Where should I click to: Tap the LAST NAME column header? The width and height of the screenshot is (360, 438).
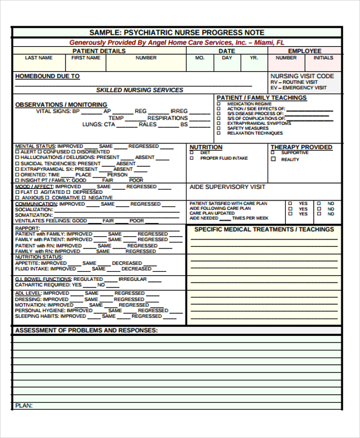point(38,58)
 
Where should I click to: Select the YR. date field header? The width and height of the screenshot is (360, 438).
point(254,58)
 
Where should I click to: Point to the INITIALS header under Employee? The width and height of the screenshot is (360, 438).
point(323,58)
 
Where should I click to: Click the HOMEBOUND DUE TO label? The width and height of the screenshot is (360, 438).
point(47,77)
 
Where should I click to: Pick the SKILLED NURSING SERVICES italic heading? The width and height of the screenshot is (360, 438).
point(140,90)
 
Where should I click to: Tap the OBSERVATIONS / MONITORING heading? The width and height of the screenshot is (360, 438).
point(61,104)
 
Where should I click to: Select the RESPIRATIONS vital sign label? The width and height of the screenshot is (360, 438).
point(167,118)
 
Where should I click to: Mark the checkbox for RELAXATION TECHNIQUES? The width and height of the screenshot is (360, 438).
point(219,133)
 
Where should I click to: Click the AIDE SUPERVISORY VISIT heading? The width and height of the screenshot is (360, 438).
point(227,187)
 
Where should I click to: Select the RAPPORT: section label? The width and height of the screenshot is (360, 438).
point(27,228)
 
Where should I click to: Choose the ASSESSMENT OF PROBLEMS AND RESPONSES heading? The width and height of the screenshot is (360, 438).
point(86,331)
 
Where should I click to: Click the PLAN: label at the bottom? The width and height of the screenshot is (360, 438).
point(23,406)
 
